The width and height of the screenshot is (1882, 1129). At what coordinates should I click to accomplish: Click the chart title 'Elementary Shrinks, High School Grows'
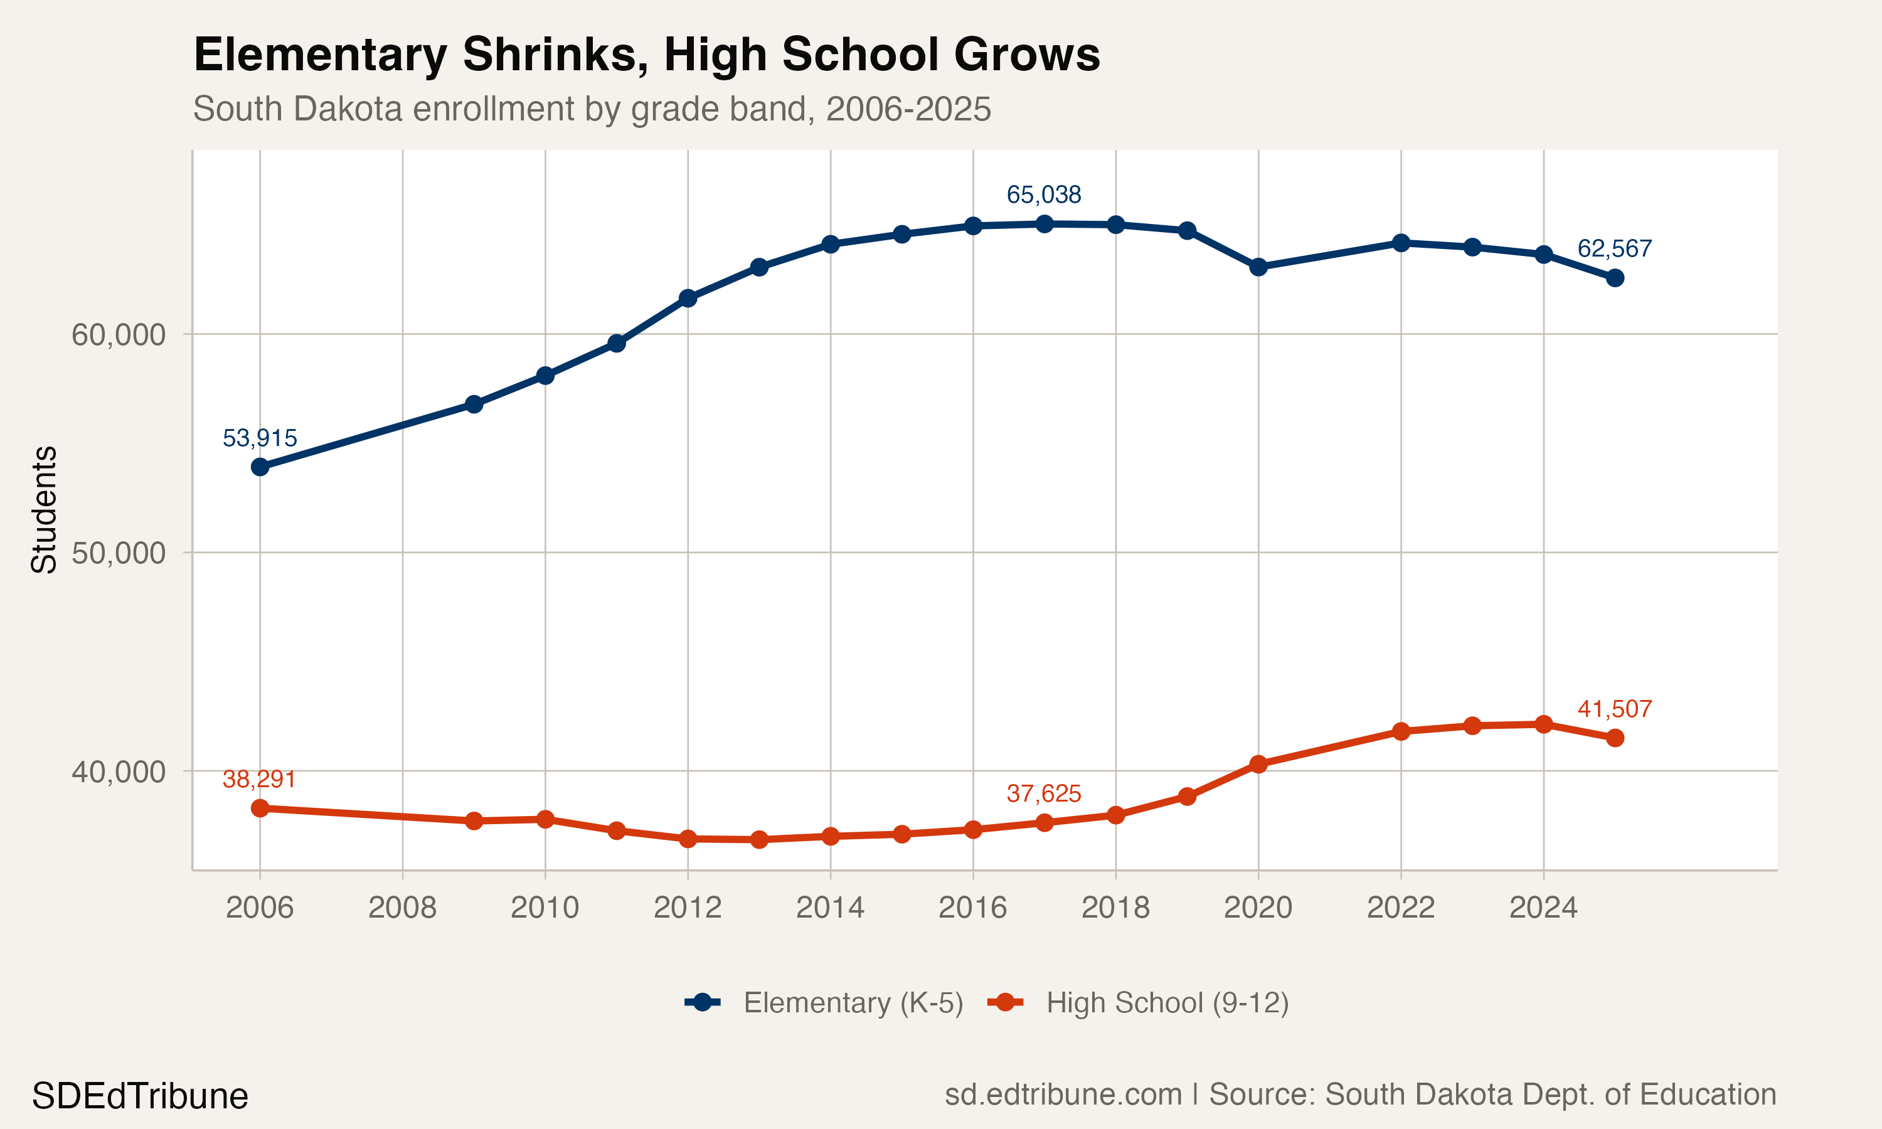tap(647, 55)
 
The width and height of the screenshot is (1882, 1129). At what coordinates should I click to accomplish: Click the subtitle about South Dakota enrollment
tap(592, 109)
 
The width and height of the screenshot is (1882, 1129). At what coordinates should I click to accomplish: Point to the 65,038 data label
tap(1044, 195)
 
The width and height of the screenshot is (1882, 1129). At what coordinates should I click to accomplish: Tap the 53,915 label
tap(260, 438)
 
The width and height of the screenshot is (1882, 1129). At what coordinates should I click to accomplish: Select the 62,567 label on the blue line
tap(1614, 249)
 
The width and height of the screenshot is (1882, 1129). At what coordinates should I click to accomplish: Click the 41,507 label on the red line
tap(1614, 709)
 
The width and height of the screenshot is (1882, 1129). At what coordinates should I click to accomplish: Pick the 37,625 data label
tap(1044, 793)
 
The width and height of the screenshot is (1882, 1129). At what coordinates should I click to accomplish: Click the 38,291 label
tap(260, 779)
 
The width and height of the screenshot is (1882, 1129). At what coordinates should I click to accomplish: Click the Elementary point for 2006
tap(260, 467)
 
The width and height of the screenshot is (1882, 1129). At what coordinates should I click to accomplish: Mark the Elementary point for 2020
tap(1258, 267)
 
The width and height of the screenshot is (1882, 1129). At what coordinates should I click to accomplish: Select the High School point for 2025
tap(1615, 738)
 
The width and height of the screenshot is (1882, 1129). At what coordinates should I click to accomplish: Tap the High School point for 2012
tap(688, 839)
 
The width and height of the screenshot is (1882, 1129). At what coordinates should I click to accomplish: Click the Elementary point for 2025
tap(1615, 278)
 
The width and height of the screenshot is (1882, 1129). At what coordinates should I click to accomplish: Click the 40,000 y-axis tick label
tap(118, 771)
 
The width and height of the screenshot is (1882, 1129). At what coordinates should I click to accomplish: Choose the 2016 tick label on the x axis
tap(972, 908)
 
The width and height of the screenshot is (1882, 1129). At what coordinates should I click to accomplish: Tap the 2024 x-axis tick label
tap(1543, 908)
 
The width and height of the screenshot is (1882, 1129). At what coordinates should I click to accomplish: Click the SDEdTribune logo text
tap(140, 1096)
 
